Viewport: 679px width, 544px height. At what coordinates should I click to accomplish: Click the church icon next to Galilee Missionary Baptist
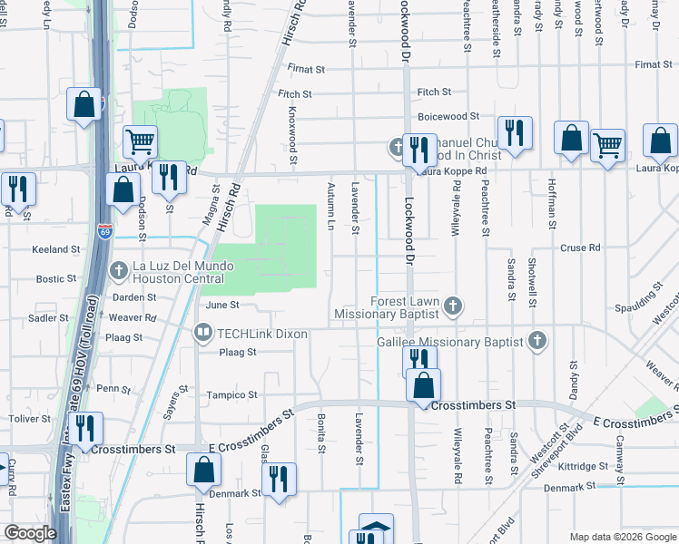point(537,341)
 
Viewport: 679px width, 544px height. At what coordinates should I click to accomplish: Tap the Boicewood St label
point(448,116)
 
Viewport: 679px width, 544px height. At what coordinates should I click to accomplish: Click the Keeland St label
point(56,248)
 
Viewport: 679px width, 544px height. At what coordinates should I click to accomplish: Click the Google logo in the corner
point(30,533)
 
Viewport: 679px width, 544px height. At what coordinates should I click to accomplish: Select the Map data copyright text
point(623,537)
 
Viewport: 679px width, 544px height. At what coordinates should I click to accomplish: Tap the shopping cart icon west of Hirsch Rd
point(140,141)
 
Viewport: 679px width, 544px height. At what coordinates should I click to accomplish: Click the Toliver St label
point(30,419)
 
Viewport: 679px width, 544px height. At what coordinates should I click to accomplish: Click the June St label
point(221,306)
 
